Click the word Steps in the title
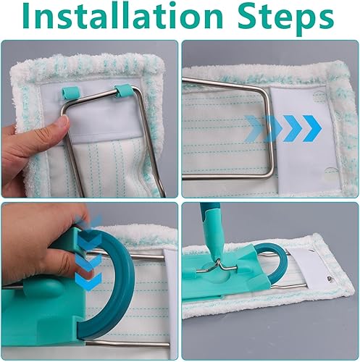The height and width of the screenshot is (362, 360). [x=285, y=19]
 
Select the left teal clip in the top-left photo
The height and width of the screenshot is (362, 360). [x=70, y=92]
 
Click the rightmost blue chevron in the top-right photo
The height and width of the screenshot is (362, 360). [x=312, y=128]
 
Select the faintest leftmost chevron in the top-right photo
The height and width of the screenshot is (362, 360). [x=254, y=128]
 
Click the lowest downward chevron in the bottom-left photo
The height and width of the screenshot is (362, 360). [x=89, y=281]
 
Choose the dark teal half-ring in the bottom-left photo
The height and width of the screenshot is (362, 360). [x=116, y=284]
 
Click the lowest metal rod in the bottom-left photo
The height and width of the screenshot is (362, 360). [x=127, y=344]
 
